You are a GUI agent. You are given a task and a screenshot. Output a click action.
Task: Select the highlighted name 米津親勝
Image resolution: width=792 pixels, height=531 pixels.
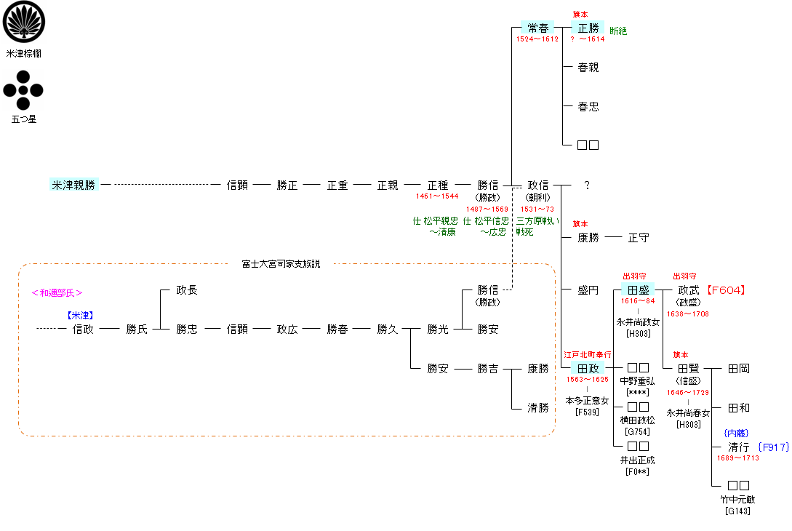pyautogui.click(x=73, y=185)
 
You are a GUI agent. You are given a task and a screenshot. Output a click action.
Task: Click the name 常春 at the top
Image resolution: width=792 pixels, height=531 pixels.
pyautogui.click(x=538, y=28)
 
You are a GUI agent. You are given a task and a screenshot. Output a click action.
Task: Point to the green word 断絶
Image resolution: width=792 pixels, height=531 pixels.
pyautogui.click(x=618, y=31)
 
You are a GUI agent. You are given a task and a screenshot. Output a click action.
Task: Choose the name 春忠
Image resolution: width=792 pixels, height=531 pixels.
pyautogui.click(x=588, y=106)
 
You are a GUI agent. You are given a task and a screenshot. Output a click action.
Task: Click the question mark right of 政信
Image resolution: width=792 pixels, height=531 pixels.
pyautogui.click(x=587, y=185)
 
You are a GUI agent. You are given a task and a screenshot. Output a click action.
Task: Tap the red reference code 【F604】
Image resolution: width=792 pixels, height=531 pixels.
pyautogui.click(x=727, y=290)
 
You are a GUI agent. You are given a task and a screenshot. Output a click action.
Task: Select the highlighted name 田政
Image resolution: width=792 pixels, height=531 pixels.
pyautogui.click(x=588, y=369)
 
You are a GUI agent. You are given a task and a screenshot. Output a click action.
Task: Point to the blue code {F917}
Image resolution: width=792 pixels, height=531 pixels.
pyautogui.click(x=773, y=447)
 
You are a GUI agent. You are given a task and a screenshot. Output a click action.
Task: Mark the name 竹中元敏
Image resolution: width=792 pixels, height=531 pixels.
pyautogui.click(x=738, y=500)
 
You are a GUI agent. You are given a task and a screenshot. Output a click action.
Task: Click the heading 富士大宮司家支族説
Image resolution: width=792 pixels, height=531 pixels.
pyautogui.click(x=281, y=263)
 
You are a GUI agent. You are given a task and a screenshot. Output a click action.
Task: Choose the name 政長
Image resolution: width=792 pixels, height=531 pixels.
pyautogui.click(x=187, y=290)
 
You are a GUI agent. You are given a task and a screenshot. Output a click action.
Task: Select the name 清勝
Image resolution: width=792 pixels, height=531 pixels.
pyautogui.click(x=538, y=408)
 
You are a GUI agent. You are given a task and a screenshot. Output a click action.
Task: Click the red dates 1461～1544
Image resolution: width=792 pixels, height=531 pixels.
pyautogui.click(x=437, y=196)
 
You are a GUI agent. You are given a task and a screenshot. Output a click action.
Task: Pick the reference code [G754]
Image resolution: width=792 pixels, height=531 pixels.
pyautogui.click(x=637, y=432)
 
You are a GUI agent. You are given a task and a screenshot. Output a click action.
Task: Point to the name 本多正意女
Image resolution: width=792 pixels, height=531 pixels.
pyautogui.click(x=587, y=401)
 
